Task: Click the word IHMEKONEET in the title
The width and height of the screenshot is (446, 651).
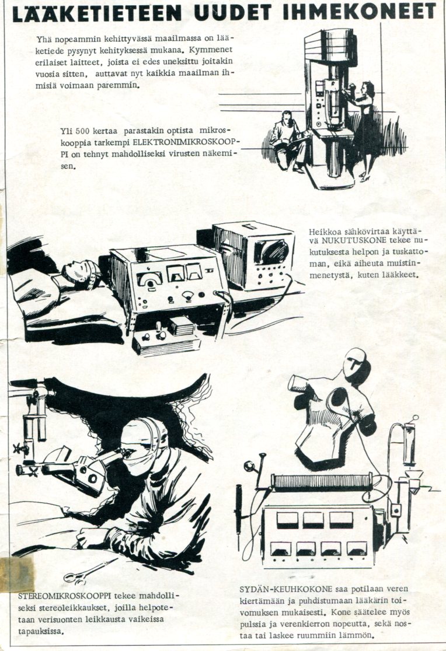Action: tap(360, 12)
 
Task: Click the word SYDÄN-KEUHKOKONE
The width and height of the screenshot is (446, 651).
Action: tap(286, 589)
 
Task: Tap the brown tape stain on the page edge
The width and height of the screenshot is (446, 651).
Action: tap(16, 575)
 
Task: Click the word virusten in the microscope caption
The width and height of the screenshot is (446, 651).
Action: tap(186, 153)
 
